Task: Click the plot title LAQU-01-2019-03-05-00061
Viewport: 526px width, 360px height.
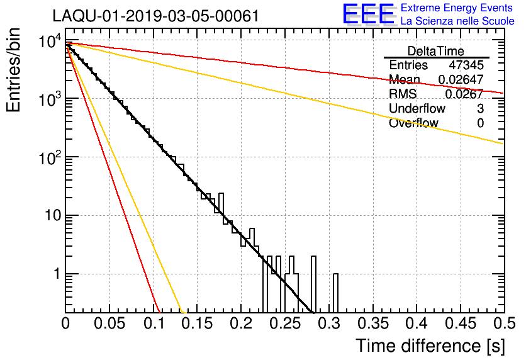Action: [156, 16]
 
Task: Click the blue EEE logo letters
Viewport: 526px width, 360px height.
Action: [368, 14]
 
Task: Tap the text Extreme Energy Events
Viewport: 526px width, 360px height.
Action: [457, 8]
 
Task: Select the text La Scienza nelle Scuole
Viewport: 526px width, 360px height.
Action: [457, 21]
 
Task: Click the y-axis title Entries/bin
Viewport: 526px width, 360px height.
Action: [13, 70]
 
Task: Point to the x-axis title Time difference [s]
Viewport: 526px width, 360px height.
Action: [430, 346]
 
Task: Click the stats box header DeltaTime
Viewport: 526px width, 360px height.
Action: [436, 52]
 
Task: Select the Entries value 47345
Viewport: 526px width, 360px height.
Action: [466, 65]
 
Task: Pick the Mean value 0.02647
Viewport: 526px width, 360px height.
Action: [461, 79]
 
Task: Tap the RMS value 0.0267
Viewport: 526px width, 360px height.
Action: [464, 94]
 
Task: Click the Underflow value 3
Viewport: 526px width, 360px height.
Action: [480, 109]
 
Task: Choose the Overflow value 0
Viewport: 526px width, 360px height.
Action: [480, 123]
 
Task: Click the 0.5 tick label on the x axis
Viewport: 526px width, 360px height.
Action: [504, 323]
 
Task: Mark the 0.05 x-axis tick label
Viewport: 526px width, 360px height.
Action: [109, 323]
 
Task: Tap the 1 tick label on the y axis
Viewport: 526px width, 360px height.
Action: [57, 274]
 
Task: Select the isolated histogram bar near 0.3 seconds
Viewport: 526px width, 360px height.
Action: [335, 293]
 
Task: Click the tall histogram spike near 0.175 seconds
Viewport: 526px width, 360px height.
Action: [221, 203]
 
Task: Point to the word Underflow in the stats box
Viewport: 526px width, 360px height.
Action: [417, 109]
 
